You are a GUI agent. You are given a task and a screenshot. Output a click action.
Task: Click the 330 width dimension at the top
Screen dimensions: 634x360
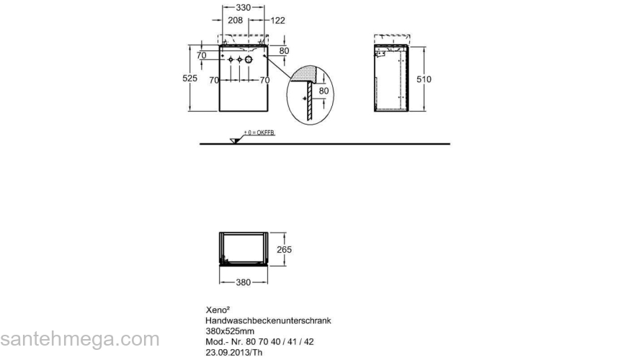[x=243, y=7]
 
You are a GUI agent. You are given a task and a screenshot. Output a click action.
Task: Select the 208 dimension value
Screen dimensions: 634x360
[x=235, y=20]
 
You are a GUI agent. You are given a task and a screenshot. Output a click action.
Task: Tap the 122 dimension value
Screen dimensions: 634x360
[x=278, y=20]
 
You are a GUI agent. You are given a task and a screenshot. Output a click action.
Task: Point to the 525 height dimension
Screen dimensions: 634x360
[x=189, y=78]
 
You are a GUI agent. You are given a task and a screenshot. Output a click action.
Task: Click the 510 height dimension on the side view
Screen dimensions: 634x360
[x=424, y=79]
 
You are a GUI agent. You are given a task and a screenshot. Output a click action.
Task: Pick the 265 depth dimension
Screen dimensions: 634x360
[x=284, y=250]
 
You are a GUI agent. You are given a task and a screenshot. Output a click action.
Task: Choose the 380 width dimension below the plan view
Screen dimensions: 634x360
[x=243, y=282]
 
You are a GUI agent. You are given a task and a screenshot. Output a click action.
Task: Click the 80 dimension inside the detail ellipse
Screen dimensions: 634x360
[x=323, y=91]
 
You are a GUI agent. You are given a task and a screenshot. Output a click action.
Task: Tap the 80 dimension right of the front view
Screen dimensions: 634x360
[x=285, y=51]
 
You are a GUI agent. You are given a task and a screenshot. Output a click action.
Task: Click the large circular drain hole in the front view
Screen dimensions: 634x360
[x=249, y=60]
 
